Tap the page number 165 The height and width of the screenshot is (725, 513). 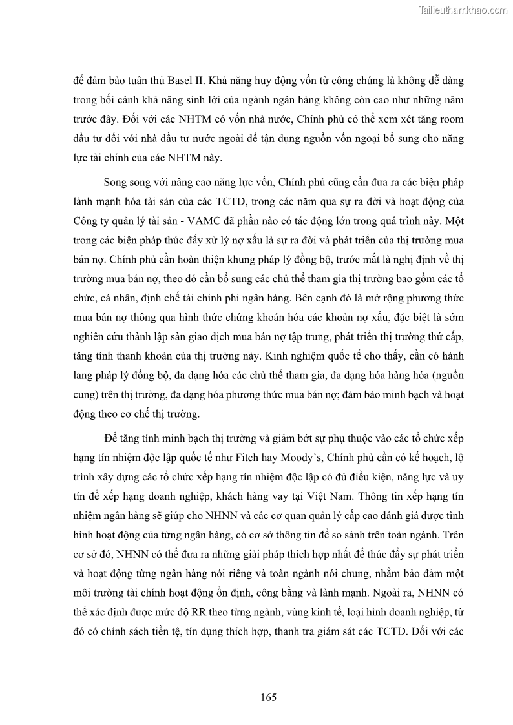(x=269, y=697)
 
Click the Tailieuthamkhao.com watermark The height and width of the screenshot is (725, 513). (x=463, y=10)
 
